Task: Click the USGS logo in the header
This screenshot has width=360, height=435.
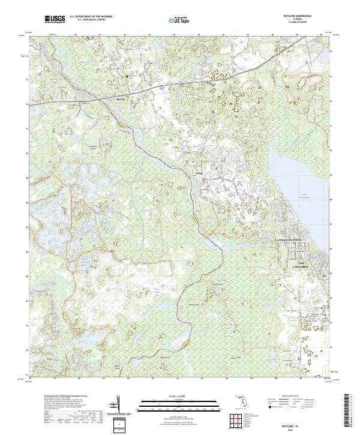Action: (x=55, y=20)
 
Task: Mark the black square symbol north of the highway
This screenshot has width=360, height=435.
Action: (x=127, y=76)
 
